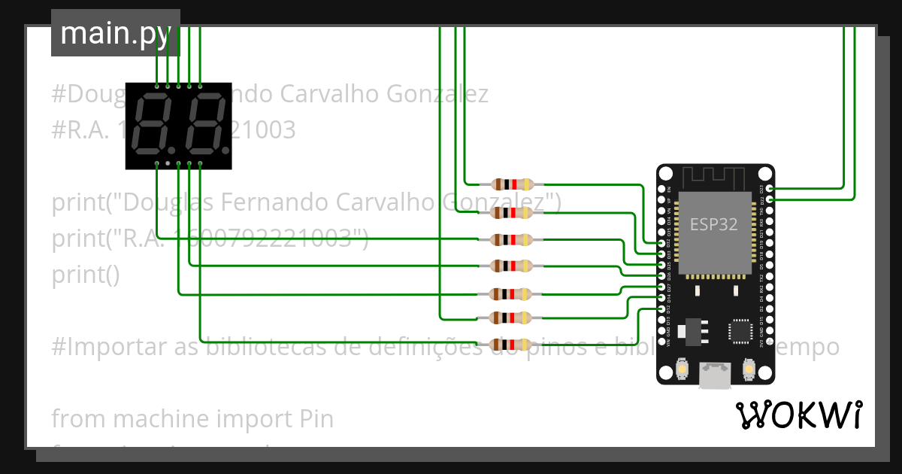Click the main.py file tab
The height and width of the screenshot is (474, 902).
[x=115, y=33]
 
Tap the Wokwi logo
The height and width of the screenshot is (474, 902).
[x=798, y=415]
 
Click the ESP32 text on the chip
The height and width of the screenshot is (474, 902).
[x=713, y=223]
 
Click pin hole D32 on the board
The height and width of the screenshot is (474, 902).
[x=661, y=244]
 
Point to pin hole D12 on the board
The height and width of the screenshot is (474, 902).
[x=661, y=309]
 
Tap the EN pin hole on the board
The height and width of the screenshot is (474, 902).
[x=661, y=188]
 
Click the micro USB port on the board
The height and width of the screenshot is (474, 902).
[x=715, y=375]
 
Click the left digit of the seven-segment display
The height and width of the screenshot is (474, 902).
[x=153, y=125]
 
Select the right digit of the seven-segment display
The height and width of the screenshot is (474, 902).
[x=202, y=125]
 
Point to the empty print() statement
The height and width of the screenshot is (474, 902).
[x=86, y=275]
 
